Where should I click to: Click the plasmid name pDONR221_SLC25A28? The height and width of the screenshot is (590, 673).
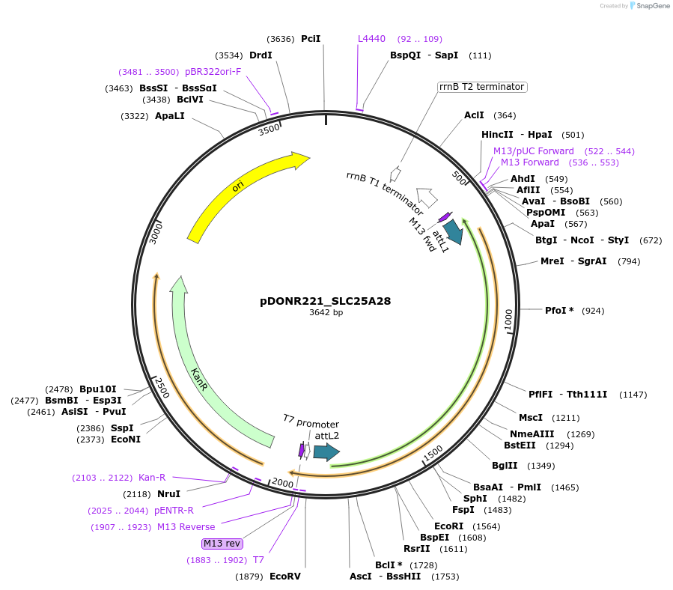click(326, 301)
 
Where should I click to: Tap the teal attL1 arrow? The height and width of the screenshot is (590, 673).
click(453, 231)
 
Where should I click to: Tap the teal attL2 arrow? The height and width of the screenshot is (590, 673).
click(326, 452)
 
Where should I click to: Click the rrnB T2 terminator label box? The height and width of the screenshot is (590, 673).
click(482, 87)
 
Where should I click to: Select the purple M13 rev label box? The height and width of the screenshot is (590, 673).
click(222, 544)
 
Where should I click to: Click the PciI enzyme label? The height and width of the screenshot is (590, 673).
click(311, 38)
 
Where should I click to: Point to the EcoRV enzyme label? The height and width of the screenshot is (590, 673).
click(284, 577)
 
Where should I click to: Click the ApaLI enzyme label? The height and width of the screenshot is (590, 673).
click(169, 116)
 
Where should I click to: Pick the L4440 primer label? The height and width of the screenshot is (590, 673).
click(371, 38)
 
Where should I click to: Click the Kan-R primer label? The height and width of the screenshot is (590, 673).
click(152, 478)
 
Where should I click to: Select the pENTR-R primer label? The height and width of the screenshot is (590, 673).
click(174, 511)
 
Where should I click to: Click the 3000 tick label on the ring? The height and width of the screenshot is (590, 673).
click(156, 231)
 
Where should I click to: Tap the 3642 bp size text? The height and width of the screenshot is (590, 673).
click(326, 313)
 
